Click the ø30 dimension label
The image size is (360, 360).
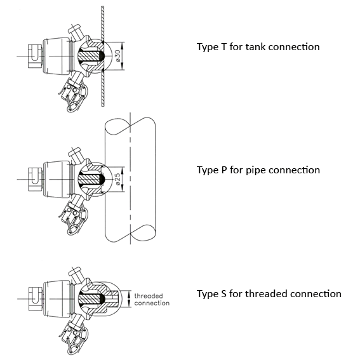pos(117,56)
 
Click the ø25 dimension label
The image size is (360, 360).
pos(117,179)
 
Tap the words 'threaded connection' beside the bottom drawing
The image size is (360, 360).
pos(152,300)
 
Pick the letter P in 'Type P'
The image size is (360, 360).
pos(224,170)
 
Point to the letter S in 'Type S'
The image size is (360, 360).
pos(223,294)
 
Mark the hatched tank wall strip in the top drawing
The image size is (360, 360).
pos(103,57)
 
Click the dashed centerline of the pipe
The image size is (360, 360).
pos(130,178)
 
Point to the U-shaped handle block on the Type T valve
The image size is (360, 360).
pos(35,56)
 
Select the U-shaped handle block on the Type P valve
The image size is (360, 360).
pos(35,179)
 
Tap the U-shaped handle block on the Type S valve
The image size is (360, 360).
pos(36,298)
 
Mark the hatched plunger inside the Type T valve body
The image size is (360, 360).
pos(90,56)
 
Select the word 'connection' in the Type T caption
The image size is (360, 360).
pos(294,47)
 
